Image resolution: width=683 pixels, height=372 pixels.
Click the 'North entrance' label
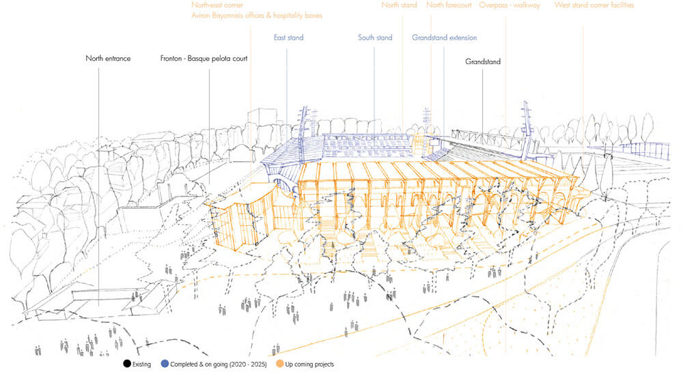click(x=108, y=59)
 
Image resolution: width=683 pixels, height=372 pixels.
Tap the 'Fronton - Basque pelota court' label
click(x=204, y=59)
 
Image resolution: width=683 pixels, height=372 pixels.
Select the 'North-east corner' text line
click(x=217, y=5)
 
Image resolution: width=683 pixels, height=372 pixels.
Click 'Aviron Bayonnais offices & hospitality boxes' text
click(x=257, y=15)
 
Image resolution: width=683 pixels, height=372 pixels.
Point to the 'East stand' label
click(x=288, y=38)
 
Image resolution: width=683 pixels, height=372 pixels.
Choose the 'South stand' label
click(x=375, y=38)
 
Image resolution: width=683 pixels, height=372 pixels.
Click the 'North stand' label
click(x=400, y=5)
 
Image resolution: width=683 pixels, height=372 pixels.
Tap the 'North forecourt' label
click(x=449, y=5)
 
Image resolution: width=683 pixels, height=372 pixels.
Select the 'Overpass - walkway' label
click(x=510, y=5)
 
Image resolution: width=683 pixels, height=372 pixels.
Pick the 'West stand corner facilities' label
click(x=594, y=5)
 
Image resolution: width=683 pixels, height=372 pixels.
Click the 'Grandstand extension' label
click(x=444, y=38)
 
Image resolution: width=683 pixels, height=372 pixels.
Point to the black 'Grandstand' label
click(x=483, y=62)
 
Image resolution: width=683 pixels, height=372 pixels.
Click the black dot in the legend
click(x=127, y=364)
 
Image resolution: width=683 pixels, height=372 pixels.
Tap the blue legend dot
click(x=165, y=364)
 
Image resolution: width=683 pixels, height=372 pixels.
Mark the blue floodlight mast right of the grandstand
click(x=526, y=126)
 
